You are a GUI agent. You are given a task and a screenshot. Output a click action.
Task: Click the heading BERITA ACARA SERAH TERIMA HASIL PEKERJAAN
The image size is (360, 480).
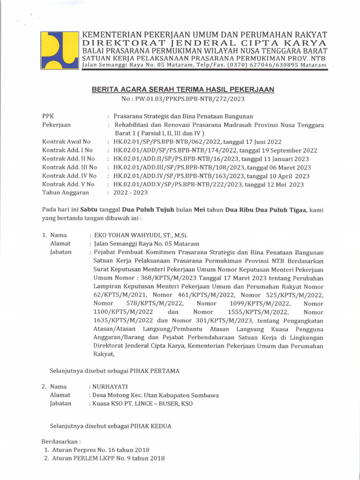182,89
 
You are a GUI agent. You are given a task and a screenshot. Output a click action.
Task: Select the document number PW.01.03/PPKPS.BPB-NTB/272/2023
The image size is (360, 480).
190,99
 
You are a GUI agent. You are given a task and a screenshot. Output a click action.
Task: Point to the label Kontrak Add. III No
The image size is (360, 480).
69,167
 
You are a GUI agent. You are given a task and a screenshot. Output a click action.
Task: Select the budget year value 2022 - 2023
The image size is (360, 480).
131,193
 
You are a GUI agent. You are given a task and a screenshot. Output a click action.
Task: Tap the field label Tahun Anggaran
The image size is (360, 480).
65,193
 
